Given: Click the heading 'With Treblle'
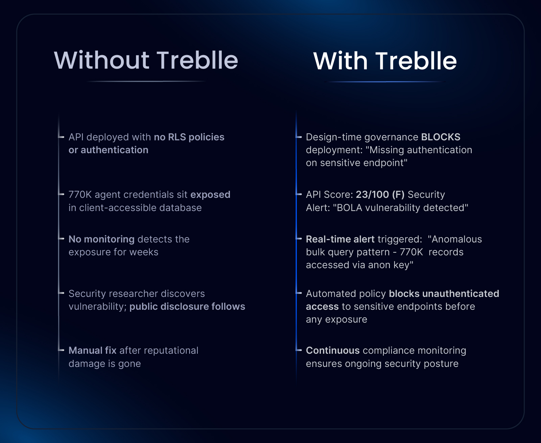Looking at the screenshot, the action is click(385, 61).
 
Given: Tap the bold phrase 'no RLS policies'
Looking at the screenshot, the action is click(189, 137).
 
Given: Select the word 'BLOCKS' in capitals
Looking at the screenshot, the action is click(441, 137).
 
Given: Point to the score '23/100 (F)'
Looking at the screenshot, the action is click(380, 195).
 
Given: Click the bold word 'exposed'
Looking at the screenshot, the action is click(210, 195).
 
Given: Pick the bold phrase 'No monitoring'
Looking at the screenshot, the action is click(101, 239).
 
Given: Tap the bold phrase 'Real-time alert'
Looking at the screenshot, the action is click(340, 239).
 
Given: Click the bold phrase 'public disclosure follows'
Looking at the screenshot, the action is click(187, 306).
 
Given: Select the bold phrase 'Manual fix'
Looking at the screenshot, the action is click(93, 350).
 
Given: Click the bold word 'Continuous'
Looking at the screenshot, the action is click(333, 350).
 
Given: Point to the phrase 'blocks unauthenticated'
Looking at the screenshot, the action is click(444, 294).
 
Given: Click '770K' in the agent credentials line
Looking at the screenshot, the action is click(80, 195).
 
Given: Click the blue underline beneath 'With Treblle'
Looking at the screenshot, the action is click(385, 81).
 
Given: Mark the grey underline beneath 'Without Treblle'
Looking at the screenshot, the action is click(146, 81).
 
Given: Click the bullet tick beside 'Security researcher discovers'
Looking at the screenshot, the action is click(61, 293).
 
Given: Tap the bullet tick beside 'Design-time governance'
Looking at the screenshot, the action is click(299, 137).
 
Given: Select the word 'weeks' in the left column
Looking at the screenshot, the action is click(144, 252).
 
